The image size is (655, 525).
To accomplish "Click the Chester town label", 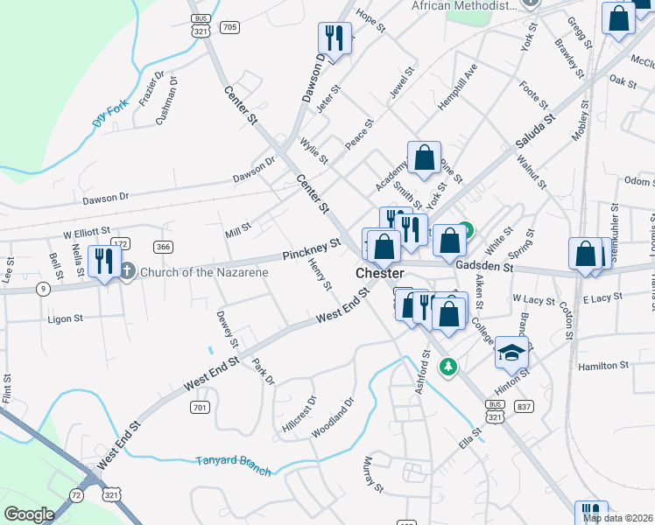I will pyautogui.click(x=379, y=274).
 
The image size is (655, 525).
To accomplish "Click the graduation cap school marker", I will pyautogui.click(x=511, y=353).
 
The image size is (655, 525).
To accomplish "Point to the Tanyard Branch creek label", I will pyautogui.click(x=233, y=461).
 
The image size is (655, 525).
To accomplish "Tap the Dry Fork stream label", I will pyautogui.click(x=109, y=114).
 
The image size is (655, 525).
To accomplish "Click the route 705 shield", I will pyautogui.click(x=230, y=27).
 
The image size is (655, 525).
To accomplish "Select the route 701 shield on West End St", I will pyautogui.click(x=200, y=407).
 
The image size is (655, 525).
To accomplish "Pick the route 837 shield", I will pyautogui.click(x=525, y=406).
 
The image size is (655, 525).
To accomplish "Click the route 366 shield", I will pyautogui.click(x=162, y=246).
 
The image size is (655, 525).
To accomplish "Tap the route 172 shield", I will pyautogui.click(x=121, y=243).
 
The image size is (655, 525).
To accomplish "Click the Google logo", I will pyautogui.click(x=29, y=514).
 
